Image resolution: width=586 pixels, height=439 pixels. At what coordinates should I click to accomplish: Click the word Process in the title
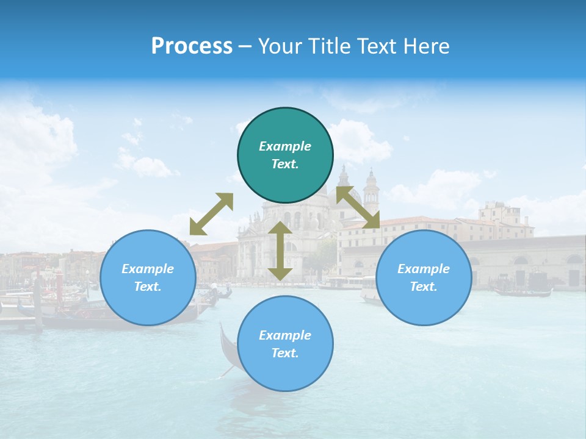click(x=192, y=46)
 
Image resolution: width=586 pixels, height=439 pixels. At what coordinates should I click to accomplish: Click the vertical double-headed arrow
click(x=280, y=251)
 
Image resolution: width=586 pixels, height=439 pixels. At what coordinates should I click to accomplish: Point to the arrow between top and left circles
click(x=211, y=214)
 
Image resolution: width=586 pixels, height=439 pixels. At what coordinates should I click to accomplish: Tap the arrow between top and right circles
click(x=358, y=207)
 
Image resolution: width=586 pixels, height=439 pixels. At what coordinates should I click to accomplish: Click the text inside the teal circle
click(x=285, y=155)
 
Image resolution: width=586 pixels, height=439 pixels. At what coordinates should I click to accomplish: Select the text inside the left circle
click(x=148, y=277)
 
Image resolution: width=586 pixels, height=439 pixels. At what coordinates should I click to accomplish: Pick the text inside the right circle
click(x=424, y=277)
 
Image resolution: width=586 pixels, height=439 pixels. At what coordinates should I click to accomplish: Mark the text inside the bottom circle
click(x=285, y=344)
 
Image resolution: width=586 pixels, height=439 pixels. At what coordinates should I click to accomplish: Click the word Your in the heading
click(x=279, y=46)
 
